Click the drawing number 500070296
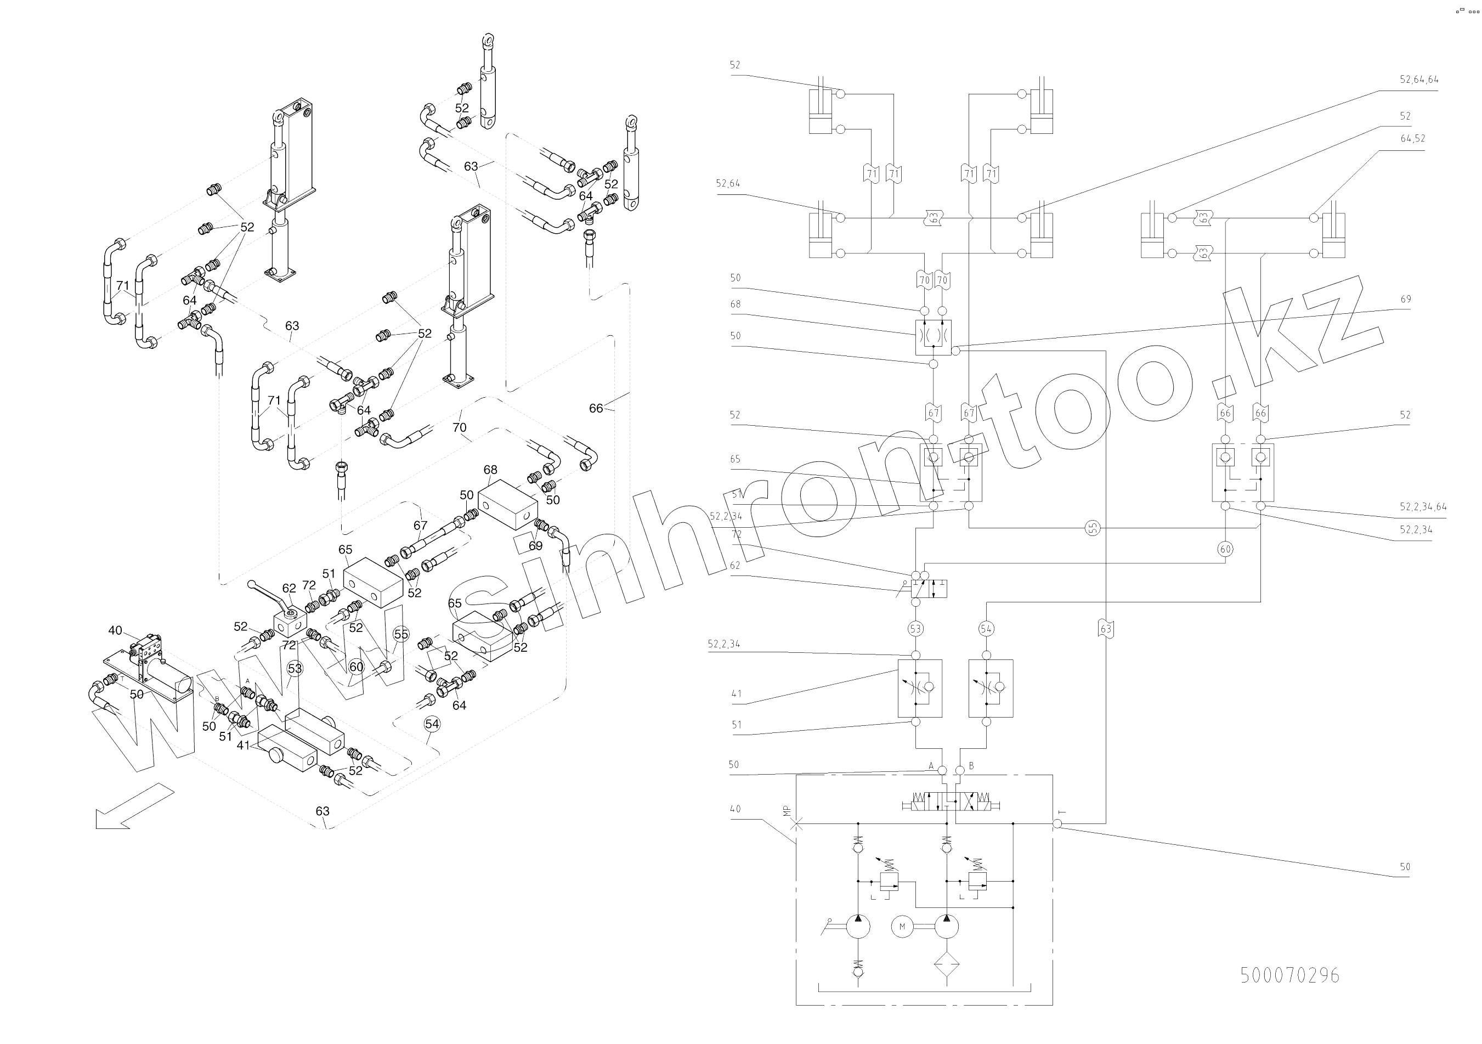1289,975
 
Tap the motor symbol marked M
902,927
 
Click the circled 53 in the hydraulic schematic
915,629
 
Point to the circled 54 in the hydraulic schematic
986,629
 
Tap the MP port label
786,811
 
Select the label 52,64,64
1419,80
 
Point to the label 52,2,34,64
1423,507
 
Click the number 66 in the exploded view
596,408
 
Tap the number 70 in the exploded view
459,427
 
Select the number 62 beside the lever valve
289,588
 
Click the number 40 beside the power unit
115,630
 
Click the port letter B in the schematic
971,766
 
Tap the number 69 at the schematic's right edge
1406,300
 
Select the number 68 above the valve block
490,470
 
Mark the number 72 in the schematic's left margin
737,534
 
